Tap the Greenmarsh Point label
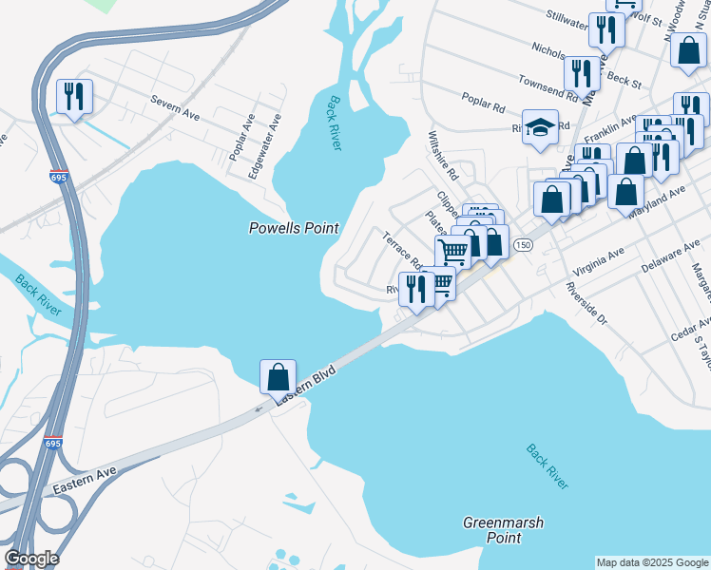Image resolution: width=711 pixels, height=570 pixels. (x=491, y=530)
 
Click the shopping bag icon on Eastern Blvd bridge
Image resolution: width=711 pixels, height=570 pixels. (x=278, y=377)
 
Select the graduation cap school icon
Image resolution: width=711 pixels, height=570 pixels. (x=540, y=128)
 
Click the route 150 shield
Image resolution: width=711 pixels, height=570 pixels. (x=523, y=245)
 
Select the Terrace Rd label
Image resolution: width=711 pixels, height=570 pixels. (x=403, y=250)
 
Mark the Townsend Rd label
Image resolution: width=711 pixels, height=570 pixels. (x=546, y=89)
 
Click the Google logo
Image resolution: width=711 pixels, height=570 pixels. (x=31, y=559)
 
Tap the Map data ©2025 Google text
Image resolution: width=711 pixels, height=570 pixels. (x=651, y=562)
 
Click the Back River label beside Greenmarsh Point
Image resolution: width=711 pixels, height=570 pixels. (x=548, y=466)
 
